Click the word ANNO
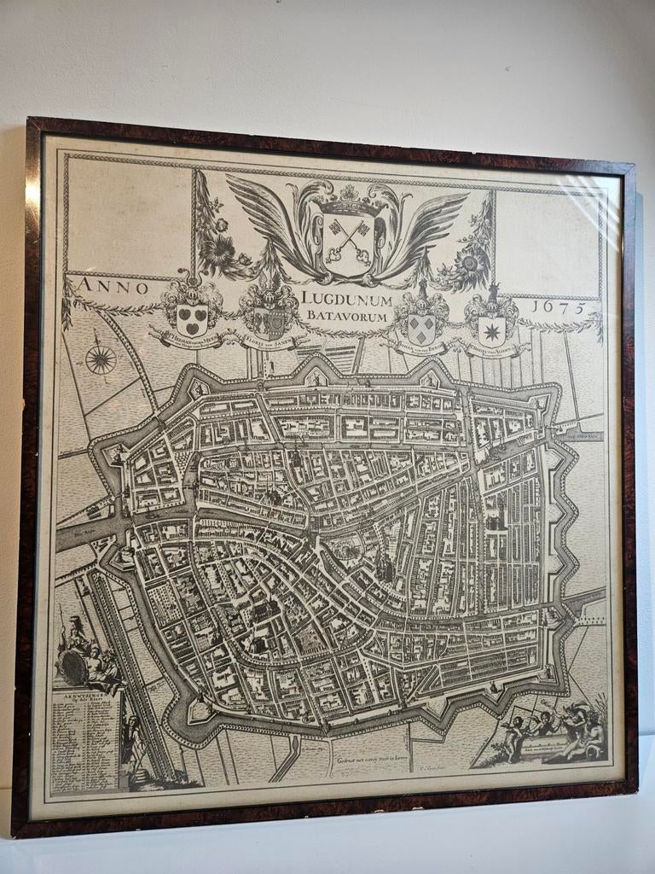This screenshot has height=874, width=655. [x=109, y=287]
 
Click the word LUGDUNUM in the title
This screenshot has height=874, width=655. [x=345, y=300]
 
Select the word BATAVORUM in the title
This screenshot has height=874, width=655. [x=345, y=317]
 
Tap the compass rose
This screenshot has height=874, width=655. [x=101, y=359]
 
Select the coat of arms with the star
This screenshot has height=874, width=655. [x=491, y=329]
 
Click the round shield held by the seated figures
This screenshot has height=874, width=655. [x=76, y=667]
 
